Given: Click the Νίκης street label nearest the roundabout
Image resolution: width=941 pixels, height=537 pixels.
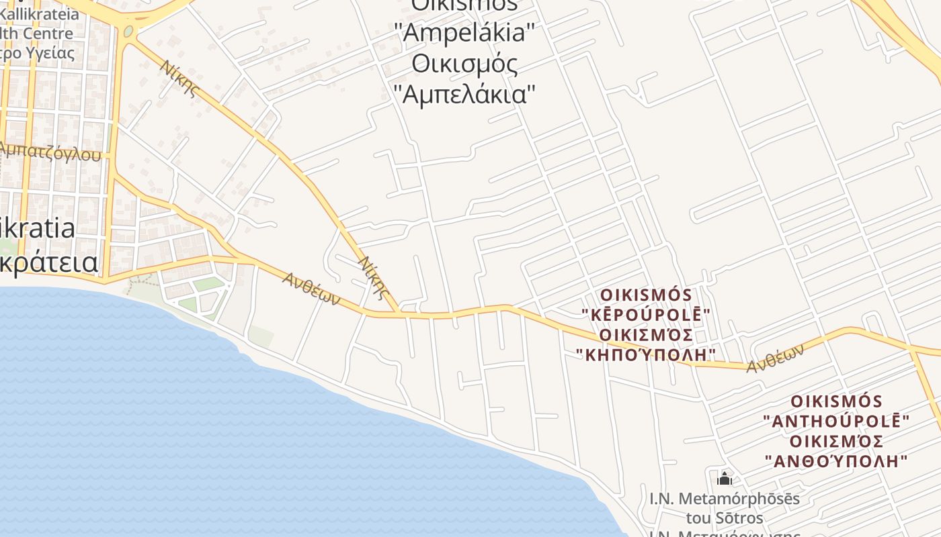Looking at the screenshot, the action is pos(179,78).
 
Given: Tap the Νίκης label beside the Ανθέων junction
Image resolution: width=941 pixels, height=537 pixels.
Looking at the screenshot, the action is pos(374,276).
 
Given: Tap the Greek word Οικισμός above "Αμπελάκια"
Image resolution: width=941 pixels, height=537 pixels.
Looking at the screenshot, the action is pos(464,64).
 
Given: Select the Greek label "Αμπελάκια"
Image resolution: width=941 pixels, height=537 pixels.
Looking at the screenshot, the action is pos(464,94).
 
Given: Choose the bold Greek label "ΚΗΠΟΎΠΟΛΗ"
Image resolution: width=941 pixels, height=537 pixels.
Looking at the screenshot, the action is pos(646,354).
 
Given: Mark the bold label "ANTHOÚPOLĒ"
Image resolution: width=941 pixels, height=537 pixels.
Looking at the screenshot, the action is pos(836,422).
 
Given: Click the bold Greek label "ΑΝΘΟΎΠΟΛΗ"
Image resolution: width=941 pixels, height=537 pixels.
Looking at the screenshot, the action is pos(836,461).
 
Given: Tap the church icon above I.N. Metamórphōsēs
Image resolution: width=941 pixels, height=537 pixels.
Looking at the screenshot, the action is pos(725,478).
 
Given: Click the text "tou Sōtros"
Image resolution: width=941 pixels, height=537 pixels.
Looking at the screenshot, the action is pos(725,518).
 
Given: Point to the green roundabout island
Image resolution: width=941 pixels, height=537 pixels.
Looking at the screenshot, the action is pos(128,31).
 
